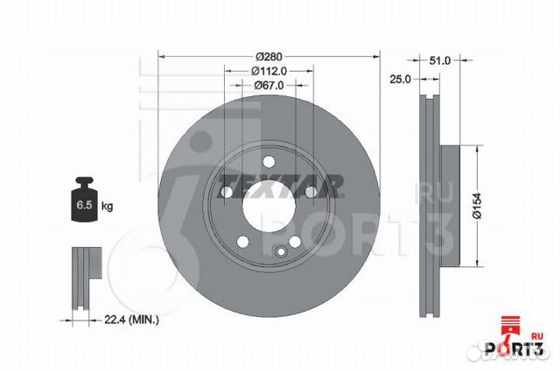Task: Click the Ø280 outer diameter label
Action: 269,56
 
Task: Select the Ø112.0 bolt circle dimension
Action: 269,71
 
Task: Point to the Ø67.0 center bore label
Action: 269,86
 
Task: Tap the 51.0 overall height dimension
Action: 439,60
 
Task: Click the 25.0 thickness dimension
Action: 400,79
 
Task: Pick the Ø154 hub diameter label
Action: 478,206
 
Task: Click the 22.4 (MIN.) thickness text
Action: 132,320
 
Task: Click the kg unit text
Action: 107,206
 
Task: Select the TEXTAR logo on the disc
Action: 280,186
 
